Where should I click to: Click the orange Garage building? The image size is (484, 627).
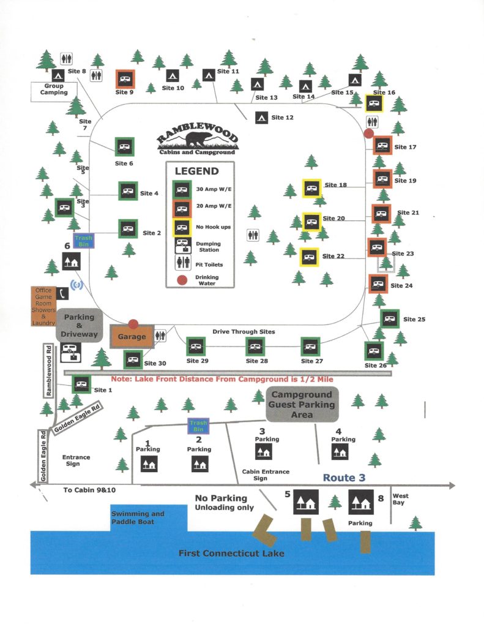click(130, 337)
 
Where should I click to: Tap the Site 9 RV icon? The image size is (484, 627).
click(125, 79)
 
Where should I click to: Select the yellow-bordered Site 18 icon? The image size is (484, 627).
click(311, 187)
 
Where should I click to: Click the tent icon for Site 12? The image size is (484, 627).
click(261, 117)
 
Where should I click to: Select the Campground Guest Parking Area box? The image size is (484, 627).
click(303, 405)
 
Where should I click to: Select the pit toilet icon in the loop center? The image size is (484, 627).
click(253, 235)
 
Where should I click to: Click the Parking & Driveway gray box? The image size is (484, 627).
click(80, 325)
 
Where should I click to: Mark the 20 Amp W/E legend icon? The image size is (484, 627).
click(182, 206)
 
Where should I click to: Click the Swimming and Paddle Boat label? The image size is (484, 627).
click(138, 517)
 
